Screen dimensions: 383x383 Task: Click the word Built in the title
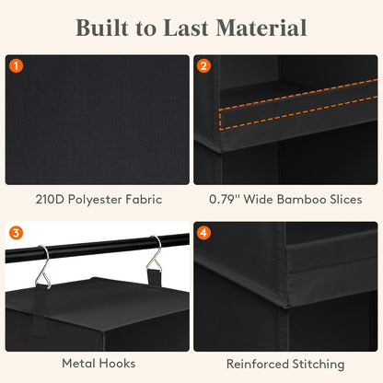[102, 28]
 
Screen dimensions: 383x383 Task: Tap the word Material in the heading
[261, 28]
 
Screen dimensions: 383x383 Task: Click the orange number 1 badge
[17, 65]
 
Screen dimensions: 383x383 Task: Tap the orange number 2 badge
[203, 65]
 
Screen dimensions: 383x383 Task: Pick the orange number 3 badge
[17, 233]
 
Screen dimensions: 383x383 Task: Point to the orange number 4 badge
[203, 233]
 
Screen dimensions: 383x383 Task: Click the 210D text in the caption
[50, 200]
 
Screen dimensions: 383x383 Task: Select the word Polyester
[95, 200]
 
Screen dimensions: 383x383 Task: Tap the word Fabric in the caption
[144, 200]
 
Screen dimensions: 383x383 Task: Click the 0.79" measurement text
[225, 200]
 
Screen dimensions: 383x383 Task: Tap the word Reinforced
[258, 364]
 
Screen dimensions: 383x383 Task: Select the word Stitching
[319, 365]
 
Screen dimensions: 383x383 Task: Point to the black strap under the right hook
[154, 277]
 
